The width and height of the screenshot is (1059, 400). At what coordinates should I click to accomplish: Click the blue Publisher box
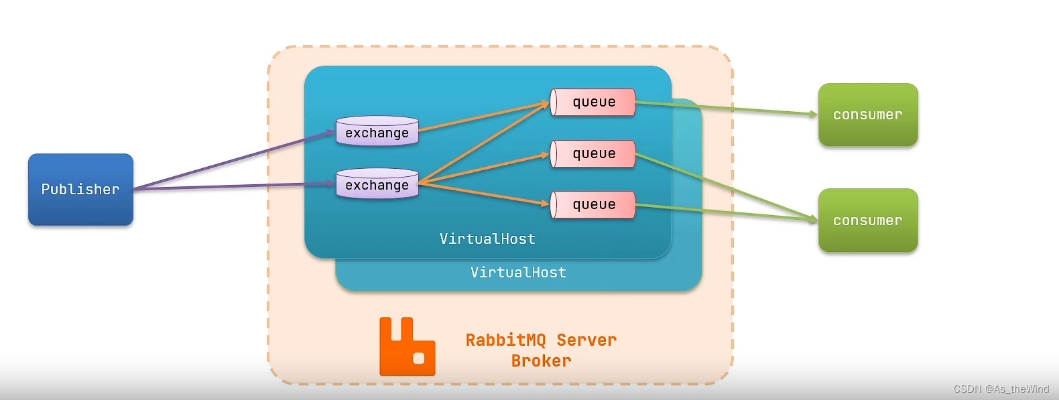click(80, 189)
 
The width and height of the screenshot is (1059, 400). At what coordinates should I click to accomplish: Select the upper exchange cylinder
click(377, 131)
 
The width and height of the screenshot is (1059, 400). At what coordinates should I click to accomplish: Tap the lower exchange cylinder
click(377, 184)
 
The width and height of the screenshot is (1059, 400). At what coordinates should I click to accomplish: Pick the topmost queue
click(593, 102)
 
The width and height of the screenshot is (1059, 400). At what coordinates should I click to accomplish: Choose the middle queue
click(593, 153)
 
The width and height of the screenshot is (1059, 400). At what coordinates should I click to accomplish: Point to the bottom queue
click(593, 204)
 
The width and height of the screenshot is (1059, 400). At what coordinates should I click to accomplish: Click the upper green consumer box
click(867, 115)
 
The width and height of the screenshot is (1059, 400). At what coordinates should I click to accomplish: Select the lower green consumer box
click(867, 220)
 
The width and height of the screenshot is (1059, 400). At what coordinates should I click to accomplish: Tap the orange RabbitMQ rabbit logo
click(406, 346)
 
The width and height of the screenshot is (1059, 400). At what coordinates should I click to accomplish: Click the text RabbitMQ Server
click(541, 340)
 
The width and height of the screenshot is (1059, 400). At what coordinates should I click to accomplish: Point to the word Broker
click(541, 360)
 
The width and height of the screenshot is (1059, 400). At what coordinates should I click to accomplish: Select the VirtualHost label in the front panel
click(487, 239)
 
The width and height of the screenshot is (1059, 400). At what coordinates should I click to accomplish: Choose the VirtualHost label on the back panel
click(518, 272)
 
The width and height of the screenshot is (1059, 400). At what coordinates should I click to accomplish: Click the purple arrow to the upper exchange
click(235, 160)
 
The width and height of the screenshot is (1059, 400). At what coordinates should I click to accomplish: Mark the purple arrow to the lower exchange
click(235, 186)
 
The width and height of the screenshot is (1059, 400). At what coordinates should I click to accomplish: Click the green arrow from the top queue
click(724, 109)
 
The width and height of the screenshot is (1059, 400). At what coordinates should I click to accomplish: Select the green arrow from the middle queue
click(724, 186)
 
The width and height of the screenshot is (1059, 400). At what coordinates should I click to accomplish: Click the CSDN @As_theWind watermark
click(1001, 389)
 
